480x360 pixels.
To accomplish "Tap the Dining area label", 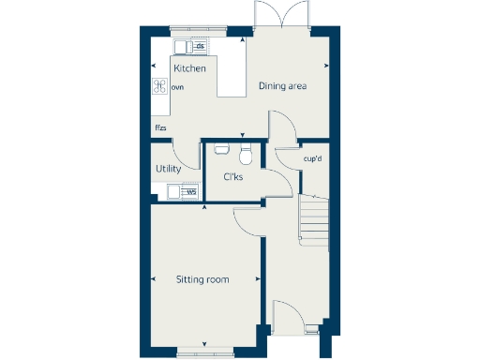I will pyautogui.click(x=283, y=87).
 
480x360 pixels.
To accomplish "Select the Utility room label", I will pyautogui.click(x=169, y=169).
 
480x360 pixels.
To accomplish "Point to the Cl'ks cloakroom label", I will pyautogui.click(x=233, y=176).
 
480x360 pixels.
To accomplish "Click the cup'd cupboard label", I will pyautogui.click(x=314, y=158).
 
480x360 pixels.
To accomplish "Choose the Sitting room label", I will pyautogui.click(x=202, y=279).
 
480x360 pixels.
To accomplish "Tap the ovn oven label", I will pyautogui.click(x=177, y=87).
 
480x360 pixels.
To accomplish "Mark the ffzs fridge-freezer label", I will pyautogui.click(x=160, y=127).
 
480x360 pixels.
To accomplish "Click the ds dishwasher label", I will pyautogui.click(x=199, y=46).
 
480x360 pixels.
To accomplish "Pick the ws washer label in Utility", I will pyautogui.click(x=190, y=192).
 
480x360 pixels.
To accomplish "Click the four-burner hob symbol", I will pyautogui.click(x=159, y=86).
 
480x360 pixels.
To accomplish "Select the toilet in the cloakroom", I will pyautogui.click(x=247, y=153).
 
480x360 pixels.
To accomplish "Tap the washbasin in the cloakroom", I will pyautogui.click(x=221, y=148).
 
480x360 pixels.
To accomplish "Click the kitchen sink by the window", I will pyautogui.click(x=182, y=47).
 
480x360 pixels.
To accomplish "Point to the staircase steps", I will pyautogui.click(x=313, y=222).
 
